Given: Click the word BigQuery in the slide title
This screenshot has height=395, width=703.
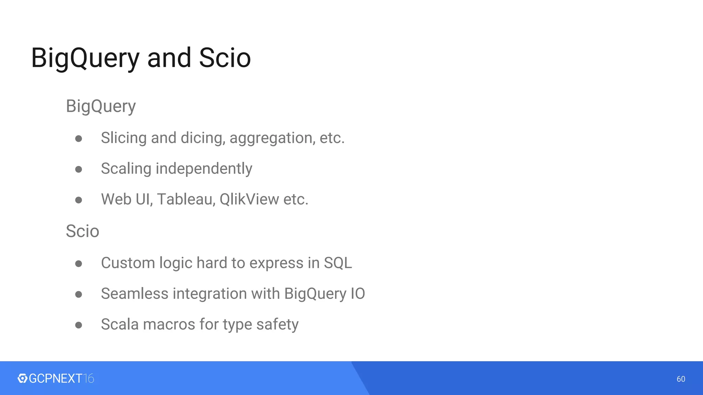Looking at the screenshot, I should coord(85,58).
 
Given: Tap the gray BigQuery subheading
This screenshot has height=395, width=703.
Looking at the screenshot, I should coord(101,106).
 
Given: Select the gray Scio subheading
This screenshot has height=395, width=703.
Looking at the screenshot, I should coord(82,231).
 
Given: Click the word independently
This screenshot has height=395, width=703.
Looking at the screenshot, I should coord(204,169).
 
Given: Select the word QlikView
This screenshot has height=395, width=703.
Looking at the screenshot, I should coord(249,199).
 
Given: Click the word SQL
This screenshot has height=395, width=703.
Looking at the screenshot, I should coord(338,263).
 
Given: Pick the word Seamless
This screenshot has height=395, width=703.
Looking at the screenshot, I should coord(135,294).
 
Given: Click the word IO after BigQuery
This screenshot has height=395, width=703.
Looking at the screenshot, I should coord(358,294).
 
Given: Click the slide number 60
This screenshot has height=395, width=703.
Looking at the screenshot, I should coord(681,379).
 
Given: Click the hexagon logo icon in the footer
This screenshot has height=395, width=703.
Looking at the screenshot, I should coord(22,378).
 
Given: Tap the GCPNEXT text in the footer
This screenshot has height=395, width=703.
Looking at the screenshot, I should coord(56,378).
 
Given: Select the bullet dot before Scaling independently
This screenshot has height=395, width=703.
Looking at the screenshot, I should coord(79,169).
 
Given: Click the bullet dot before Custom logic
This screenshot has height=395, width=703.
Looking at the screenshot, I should coord(79,263).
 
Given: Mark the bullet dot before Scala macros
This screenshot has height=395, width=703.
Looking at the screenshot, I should coord(79,325).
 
